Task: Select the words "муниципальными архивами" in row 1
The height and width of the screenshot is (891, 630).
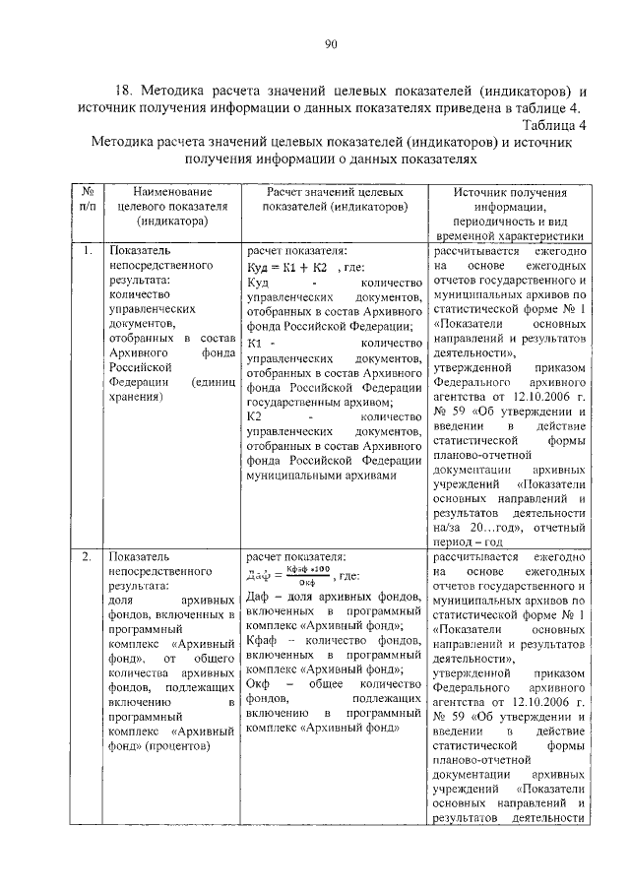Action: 321,475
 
